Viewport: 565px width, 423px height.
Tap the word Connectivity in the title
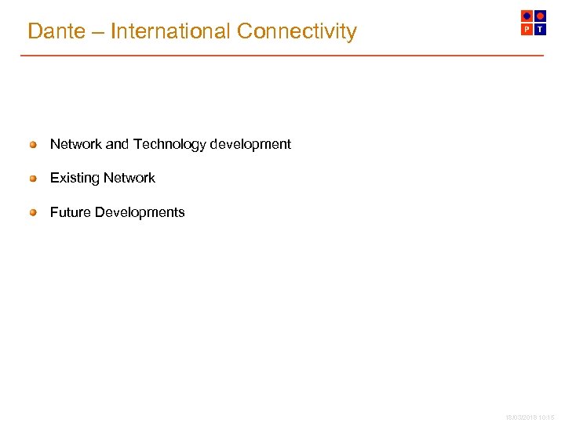[x=297, y=31]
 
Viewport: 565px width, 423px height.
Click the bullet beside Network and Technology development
[x=33, y=144]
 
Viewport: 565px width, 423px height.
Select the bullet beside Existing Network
[x=33, y=178]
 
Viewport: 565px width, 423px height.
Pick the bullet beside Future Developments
[x=33, y=212]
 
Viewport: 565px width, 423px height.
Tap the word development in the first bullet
[x=250, y=144]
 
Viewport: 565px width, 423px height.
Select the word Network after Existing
[x=128, y=178]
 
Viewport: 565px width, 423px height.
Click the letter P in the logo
[x=527, y=29]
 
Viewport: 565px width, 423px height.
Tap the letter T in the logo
[x=540, y=29]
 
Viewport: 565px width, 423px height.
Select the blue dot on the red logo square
[x=527, y=16]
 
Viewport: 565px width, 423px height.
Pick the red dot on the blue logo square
[x=540, y=16]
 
